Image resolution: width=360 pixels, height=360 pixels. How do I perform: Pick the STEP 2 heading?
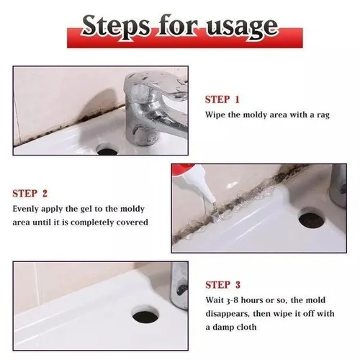coord(30,193)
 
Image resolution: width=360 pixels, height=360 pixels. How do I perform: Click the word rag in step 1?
coord(322,114)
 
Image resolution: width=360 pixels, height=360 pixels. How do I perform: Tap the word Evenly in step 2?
coord(26,208)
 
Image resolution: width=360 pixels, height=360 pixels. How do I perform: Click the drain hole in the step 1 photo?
coord(107,150)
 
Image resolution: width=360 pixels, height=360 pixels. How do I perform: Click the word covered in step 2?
coord(134,222)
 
